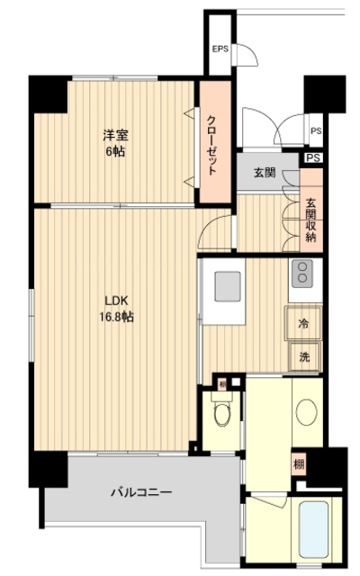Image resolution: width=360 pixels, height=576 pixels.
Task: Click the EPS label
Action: [220, 49]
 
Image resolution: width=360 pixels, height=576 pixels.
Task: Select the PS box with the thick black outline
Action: [312, 157]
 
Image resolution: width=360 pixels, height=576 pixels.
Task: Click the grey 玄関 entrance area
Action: [264, 174]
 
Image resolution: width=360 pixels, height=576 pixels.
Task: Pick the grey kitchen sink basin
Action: [229, 289]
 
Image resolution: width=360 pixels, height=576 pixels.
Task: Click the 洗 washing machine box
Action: [303, 356]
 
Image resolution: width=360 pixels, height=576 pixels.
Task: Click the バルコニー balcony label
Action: [141, 492]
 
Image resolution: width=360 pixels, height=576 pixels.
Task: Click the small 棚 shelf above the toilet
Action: [220, 384]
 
